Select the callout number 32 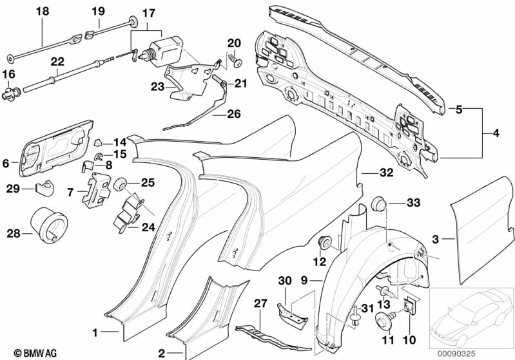(368, 172)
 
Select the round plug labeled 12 (324, 243)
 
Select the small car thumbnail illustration (471, 316)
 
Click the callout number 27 (260, 303)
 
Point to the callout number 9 (304, 280)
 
